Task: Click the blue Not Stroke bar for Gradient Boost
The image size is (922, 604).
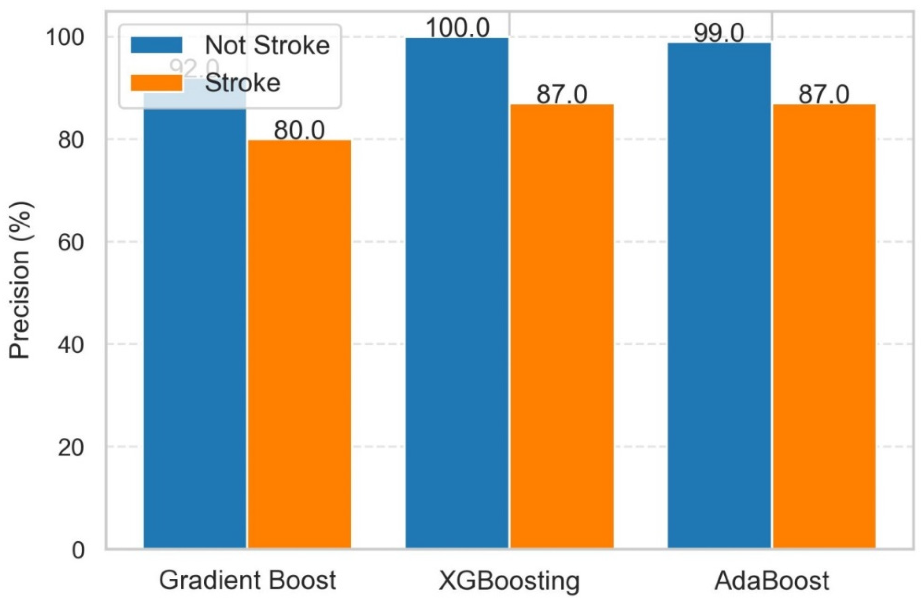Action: click(x=195, y=329)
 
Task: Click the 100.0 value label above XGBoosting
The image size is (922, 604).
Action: click(x=457, y=28)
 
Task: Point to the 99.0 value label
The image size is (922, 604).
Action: click(x=719, y=33)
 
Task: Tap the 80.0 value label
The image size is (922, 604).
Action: click(x=299, y=131)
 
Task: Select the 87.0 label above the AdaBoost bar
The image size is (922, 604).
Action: click(x=824, y=95)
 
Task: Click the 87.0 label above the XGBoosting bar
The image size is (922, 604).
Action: click(x=562, y=95)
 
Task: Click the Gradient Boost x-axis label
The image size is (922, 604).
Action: click(x=247, y=580)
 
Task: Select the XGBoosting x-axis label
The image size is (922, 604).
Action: click(x=509, y=580)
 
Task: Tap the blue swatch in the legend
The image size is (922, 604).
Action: click(x=156, y=45)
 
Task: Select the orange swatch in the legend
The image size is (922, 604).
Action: click(x=156, y=82)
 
